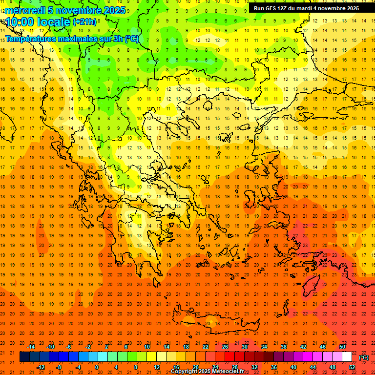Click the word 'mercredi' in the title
click(25, 10)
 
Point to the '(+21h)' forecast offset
click(84, 22)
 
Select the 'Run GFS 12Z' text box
click(306, 8)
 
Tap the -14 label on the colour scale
click(31, 347)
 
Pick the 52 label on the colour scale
click(353, 367)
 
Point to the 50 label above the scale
click(342, 347)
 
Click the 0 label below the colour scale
click(97, 367)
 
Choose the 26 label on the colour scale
click(225, 347)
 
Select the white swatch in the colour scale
click(347, 357)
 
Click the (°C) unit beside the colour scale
click(364, 357)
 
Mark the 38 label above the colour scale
click(284, 347)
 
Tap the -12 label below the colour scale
click(41, 367)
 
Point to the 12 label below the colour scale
click(157, 367)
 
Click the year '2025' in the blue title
click(112, 10)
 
